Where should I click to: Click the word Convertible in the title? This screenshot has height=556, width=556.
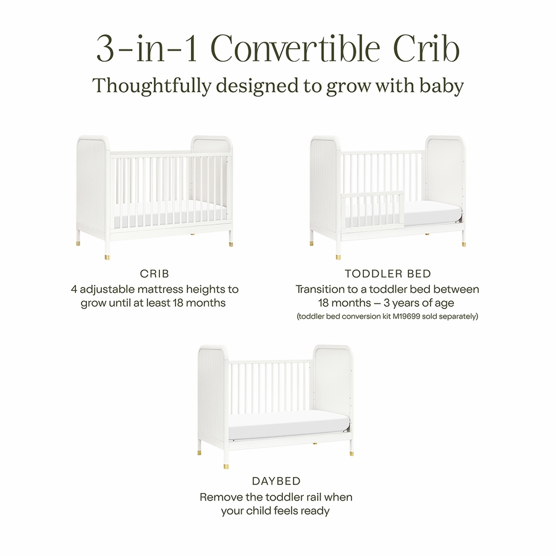click(x=295, y=49)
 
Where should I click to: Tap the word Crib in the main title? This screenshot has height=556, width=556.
click(x=427, y=49)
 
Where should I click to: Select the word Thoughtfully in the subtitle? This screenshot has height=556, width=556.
click(x=152, y=86)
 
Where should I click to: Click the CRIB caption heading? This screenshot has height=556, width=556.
click(x=154, y=274)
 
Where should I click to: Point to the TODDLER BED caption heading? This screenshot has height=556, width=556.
click(x=388, y=274)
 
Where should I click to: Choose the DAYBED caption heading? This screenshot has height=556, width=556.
click(x=276, y=481)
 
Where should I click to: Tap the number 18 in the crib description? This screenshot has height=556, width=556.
click(x=178, y=303)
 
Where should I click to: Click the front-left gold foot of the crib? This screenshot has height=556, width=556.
click(x=107, y=256)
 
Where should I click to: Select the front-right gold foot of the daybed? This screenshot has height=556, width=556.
click(x=351, y=453)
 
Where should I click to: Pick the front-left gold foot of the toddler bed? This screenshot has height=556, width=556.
click(x=339, y=256)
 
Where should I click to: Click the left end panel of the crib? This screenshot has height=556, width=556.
click(x=93, y=184)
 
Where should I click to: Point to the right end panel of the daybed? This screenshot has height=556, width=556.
click(x=332, y=387)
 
